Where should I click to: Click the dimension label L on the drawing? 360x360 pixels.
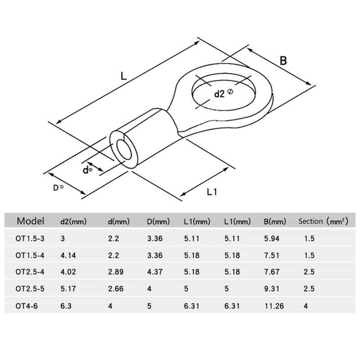pos(124,76)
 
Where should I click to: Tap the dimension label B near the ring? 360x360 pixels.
pos(283,61)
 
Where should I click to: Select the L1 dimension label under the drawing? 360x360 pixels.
pos(211,192)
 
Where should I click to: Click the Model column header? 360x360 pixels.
pos(31,221)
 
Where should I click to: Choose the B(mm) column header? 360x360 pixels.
pos(275,221)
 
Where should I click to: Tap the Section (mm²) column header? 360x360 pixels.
pos(323,221)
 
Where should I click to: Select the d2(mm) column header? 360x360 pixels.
pos(73,221)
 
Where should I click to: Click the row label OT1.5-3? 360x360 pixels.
pos(30,238)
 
